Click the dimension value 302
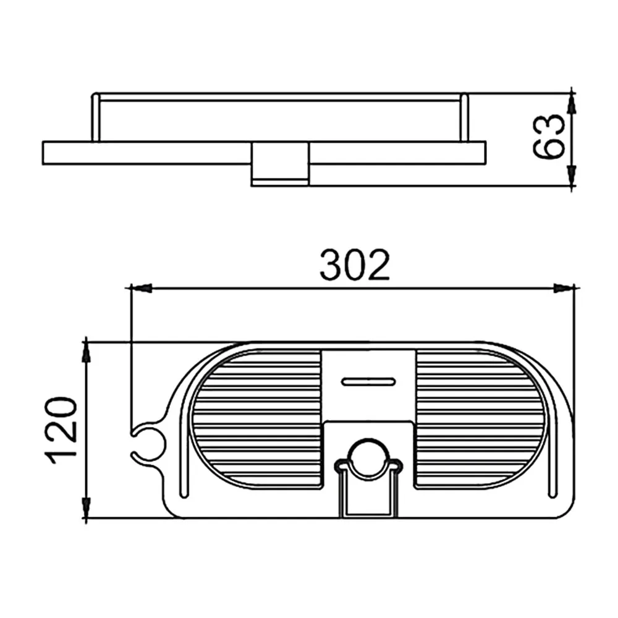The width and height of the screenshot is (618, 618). pyautogui.click(x=355, y=265)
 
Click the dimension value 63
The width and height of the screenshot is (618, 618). pyautogui.click(x=549, y=137)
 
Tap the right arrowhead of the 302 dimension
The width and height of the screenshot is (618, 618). pyautogui.click(x=564, y=288)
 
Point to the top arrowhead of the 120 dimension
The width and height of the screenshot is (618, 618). pyautogui.click(x=87, y=352)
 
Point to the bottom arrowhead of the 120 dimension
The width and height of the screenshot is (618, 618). pyautogui.click(x=87, y=508)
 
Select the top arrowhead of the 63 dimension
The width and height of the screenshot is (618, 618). pyautogui.click(x=572, y=104)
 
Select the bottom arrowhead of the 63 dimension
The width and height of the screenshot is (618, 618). pyautogui.click(x=572, y=176)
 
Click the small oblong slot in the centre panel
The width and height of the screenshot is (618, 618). pyautogui.click(x=368, y=381)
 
